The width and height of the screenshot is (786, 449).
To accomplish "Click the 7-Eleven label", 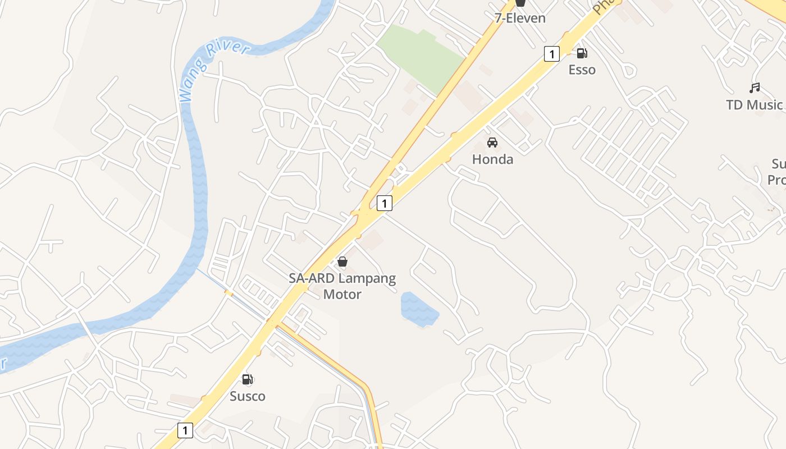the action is (x=520, y=18).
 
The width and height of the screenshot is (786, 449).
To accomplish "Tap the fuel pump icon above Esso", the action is (x=582, y=53).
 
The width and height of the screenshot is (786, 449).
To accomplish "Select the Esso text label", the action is (x=582, y=70).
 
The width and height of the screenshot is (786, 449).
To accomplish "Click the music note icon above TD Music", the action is (x=755, y=88).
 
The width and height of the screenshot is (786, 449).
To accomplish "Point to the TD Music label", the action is (x=754, y=105).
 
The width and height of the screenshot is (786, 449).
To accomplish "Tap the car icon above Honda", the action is (x=492, y=143).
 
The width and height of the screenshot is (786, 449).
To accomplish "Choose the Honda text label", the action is (x=492, y=159).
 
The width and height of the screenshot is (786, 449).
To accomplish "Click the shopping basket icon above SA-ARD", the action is (x=342, y=262).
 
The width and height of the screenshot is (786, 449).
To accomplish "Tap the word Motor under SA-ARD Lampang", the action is (x=342, y=294).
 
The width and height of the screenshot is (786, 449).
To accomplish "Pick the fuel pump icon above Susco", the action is (x=248, y=379).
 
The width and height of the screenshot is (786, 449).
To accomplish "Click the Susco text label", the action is (x=248, y=396).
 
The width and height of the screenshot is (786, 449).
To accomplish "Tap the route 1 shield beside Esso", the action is (x=552, y=54).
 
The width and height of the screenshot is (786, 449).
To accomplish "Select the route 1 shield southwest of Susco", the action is (x=185, y=430).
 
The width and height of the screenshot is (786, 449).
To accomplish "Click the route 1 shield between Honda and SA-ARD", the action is (x=384, y=203).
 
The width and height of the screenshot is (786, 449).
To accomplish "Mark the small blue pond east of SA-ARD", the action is (x=418, y=309).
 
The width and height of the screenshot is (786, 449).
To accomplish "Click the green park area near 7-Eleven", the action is (x=421, y=56).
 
